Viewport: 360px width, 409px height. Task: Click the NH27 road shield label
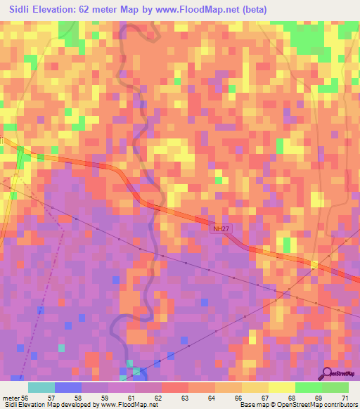[220, 228]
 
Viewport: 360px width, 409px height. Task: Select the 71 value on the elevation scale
[345, 398]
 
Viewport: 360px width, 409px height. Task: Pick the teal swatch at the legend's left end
[41, 387]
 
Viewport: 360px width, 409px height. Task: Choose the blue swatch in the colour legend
[68, 387]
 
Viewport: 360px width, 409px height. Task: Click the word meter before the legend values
[11, 398]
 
